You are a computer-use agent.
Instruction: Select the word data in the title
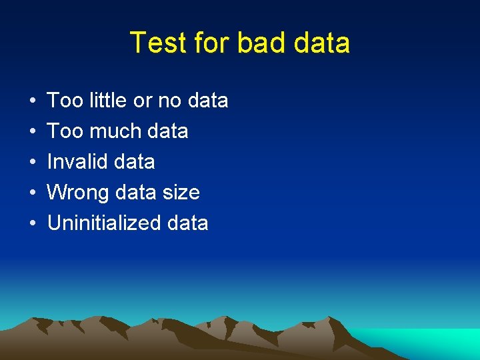321,43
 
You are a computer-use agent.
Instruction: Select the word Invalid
73,162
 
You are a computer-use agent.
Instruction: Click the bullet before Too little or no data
33,101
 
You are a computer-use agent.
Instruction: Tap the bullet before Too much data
33,132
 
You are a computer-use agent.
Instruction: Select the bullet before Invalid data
33,163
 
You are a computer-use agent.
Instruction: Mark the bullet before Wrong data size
33,193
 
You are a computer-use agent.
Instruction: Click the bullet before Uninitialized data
33,224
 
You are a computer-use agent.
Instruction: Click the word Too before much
64,131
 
